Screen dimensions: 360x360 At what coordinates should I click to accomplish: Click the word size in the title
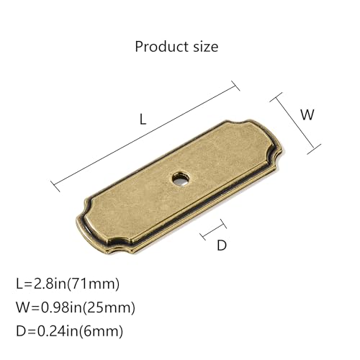point(206,47)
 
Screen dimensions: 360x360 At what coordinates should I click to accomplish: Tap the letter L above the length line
point(143,119)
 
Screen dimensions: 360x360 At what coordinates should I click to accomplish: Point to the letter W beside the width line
point(307,114)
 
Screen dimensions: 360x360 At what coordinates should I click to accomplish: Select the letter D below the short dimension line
point(222,246)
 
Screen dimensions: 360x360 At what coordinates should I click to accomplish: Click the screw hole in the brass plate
point(181,179)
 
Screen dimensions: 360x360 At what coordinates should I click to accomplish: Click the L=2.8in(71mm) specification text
point(68,284)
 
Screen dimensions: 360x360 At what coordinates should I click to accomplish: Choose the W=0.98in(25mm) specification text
point(76,307)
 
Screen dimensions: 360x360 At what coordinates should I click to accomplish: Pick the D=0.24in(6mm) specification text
point(70,331)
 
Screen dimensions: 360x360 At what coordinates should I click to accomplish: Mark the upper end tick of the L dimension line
point(235,86)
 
